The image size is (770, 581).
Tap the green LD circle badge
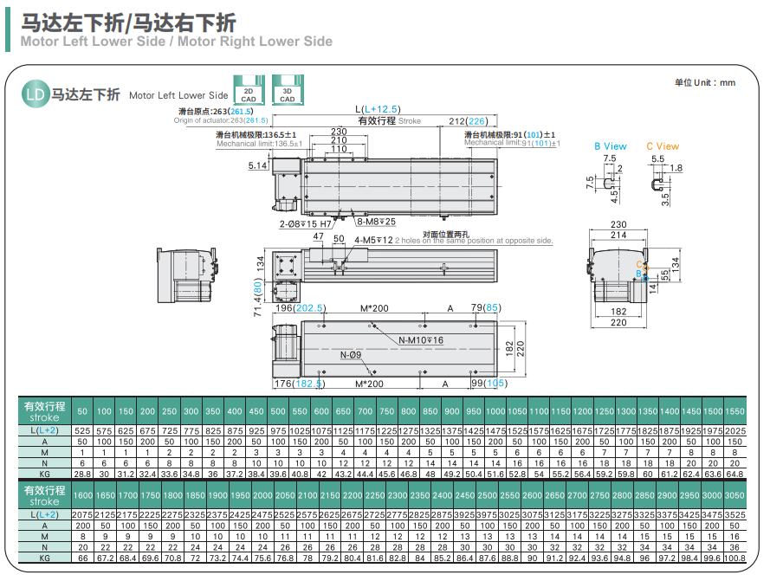tap(34, 94)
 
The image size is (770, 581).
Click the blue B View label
tap(610, 146)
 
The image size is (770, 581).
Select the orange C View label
tap(663, 146)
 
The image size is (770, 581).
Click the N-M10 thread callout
tap(421, 340)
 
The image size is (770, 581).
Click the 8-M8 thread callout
tap(374, 222)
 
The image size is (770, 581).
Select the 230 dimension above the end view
tap(618, 225)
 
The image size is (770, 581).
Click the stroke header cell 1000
tap(495, 410)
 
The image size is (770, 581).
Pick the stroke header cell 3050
tap(734, 495)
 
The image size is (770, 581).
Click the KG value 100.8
tap(734, 558)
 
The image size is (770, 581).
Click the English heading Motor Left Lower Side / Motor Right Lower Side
tap(176, 41)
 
